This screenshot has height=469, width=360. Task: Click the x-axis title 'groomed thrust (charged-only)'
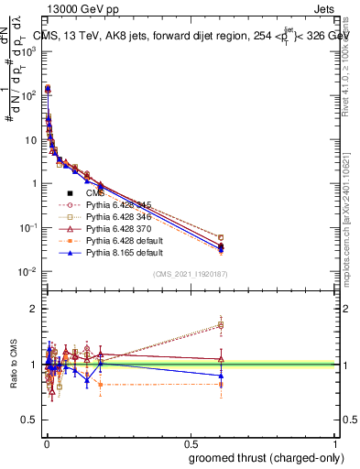[261, 458]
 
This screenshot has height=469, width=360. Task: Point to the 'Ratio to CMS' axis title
[13, 365]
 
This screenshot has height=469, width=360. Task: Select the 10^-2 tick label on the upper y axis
[27, 271]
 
